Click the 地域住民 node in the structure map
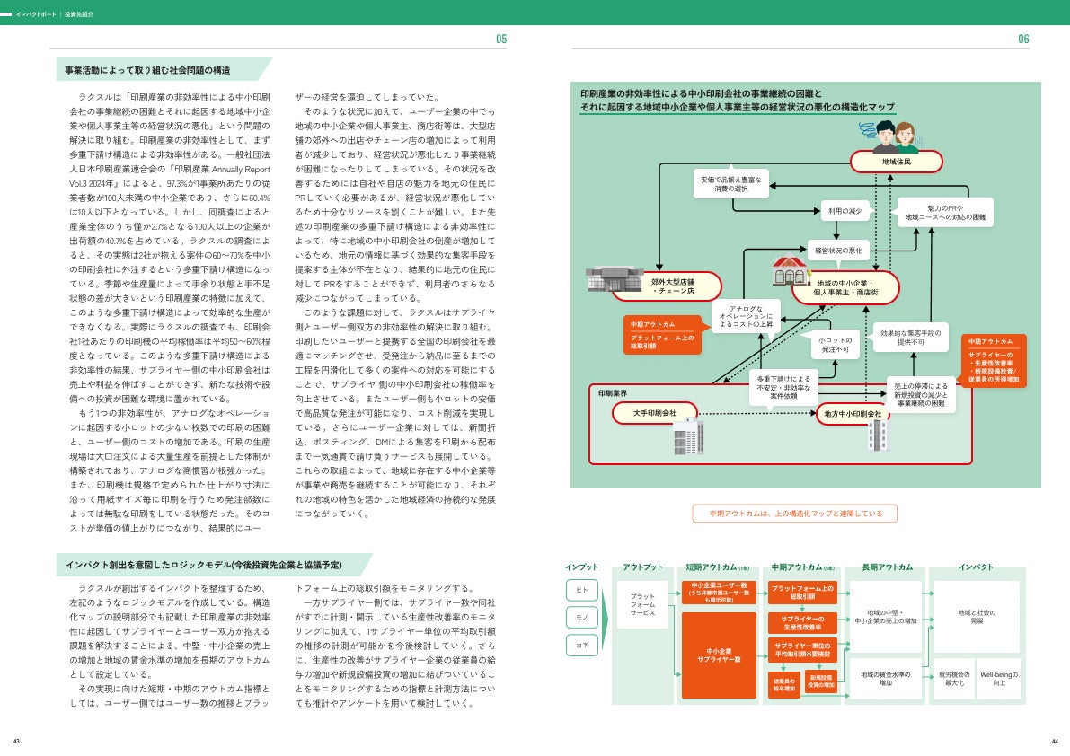tap(896, 162)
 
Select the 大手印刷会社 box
tap(656, 412)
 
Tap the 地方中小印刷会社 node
tap(860, 413)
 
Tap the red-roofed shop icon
tap(790, 268)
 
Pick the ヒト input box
tap(581, 590)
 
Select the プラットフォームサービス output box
tap(642, 603)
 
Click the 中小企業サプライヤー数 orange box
tap(719, 655)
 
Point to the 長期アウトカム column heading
tap(887, 567)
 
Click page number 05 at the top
tap(501, 39)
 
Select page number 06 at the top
tap(1023, 39)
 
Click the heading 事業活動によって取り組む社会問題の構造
tap(148, 70)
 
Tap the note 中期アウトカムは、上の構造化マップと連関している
tap(795, 514)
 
